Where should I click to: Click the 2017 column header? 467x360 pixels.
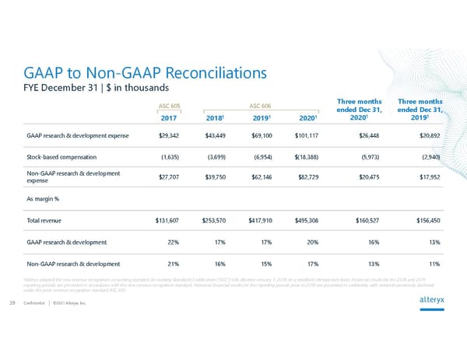(169, 119)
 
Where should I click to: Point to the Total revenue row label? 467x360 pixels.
(54, 221)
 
